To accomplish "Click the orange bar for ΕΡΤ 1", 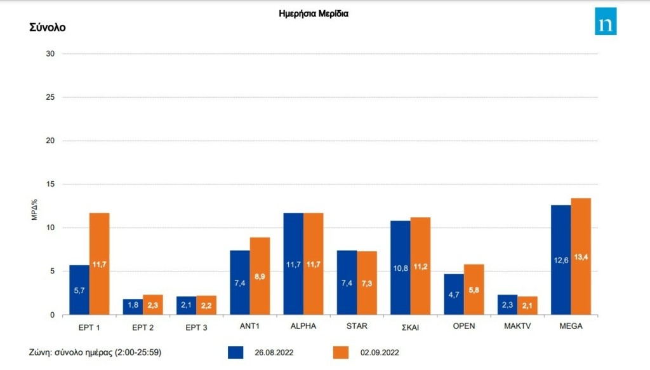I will pos(99,264).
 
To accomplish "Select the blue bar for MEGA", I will pos(560,260).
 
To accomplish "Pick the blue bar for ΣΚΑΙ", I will pos(400,268).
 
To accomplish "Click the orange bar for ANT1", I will pos(260,276).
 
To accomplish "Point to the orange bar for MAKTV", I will pos(527,306).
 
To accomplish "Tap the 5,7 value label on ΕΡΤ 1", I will pos(79,291).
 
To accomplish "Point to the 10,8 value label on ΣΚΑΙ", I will pos(400,267).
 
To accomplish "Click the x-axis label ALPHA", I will pos(303,326).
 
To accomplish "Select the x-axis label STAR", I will pos(357,326).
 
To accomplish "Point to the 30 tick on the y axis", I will pos(50,54).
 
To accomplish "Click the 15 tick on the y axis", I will pos(50,184).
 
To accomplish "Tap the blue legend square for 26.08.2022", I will pos(235,352).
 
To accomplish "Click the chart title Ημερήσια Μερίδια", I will pos(314,13).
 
